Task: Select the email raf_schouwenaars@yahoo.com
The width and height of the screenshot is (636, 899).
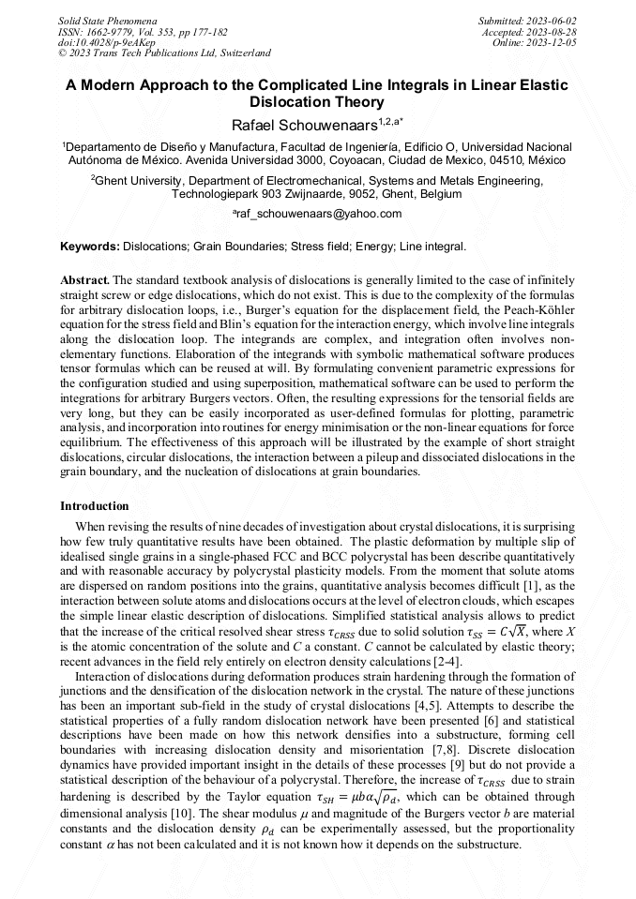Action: coord(317,214)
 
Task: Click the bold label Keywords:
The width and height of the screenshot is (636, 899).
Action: coord(89,247)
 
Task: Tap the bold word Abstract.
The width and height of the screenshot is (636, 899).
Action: coord(84,280)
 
